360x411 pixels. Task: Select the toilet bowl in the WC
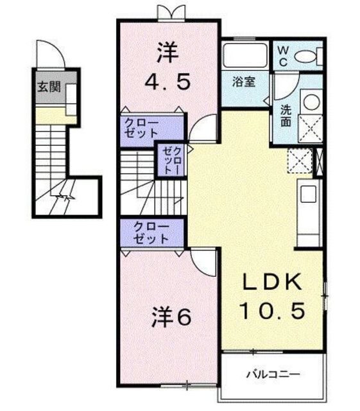point(307,57)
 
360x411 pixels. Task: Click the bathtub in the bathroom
point(246,57)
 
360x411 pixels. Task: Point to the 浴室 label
point(244,83)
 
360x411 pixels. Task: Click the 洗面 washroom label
point(285,114)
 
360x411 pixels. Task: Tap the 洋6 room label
point(171,317)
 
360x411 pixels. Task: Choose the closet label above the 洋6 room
point(151,232)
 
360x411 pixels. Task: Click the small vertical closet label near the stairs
point(171,160)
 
